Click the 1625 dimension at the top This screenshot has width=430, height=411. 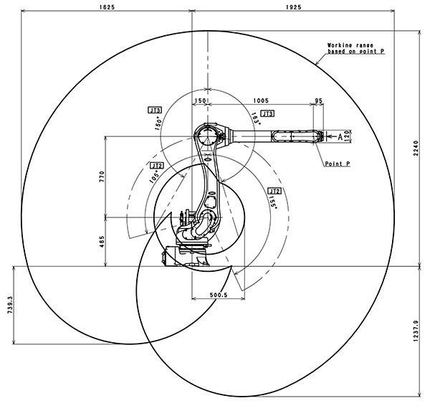click(105, 7)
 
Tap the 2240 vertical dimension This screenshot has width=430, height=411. click(416, 148)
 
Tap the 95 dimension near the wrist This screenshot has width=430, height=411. click(318, 102)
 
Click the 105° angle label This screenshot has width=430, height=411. click(153, 176)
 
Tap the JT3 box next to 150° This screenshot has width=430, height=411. click(155, 110)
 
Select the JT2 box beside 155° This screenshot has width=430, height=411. click(273, 191)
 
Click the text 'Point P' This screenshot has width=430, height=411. click(337, 164)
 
